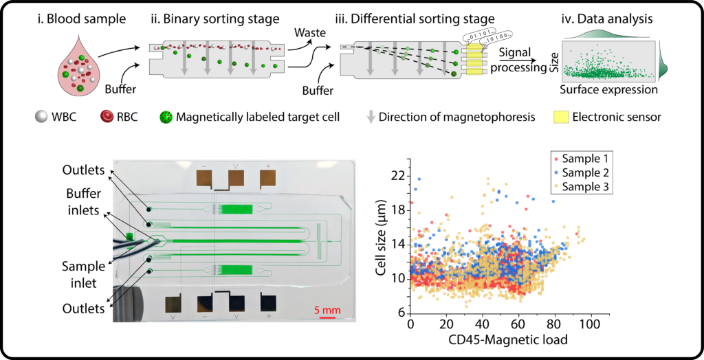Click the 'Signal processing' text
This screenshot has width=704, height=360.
point(520,59)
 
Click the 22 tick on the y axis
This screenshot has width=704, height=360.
point(397,177)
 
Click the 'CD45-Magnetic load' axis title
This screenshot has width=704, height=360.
point(507,341)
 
